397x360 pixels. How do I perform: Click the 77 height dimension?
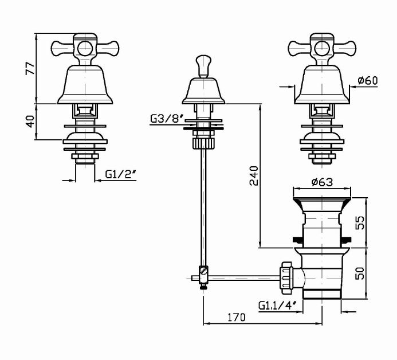[x=30, y=68]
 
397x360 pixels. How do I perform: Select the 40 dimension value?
[x=30, y=122]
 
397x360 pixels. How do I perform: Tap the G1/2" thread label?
[x=121, y=174]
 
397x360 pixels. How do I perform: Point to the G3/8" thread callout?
[x=167, y=119]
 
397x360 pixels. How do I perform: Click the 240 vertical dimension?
[x=254, y=176]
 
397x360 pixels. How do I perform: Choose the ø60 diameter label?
[x=368, y=81]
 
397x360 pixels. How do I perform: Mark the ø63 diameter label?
[x=322, y=182]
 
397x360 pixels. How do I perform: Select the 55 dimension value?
[x=360, y=222]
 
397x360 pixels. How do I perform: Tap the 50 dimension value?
[x=360, y=273]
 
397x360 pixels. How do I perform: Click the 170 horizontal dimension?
[x=237, y=317]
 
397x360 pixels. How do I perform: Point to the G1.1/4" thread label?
[x=277, y=306]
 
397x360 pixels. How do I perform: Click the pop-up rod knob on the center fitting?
[x=203, y=66]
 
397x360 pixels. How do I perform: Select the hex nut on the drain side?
[x=286, y=278]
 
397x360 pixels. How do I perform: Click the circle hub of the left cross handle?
[x=84, y=49]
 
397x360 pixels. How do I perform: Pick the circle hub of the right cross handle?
[x=321, y=49]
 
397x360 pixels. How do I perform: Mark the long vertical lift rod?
[x=203, y=208]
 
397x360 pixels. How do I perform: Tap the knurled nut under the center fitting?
[x=203, y=143]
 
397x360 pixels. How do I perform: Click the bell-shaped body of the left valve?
[x=85, y=84]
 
